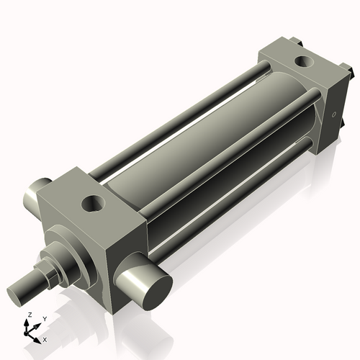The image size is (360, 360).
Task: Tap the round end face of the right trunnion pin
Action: click(x=153, y=292)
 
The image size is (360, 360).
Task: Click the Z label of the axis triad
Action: click(x=29, y=315)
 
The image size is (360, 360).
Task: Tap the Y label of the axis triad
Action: click(x=44, y=318)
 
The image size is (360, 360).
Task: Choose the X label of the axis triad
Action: click(x=45, y=338)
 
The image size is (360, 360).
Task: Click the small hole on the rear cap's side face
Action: click(x=333, y=115)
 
